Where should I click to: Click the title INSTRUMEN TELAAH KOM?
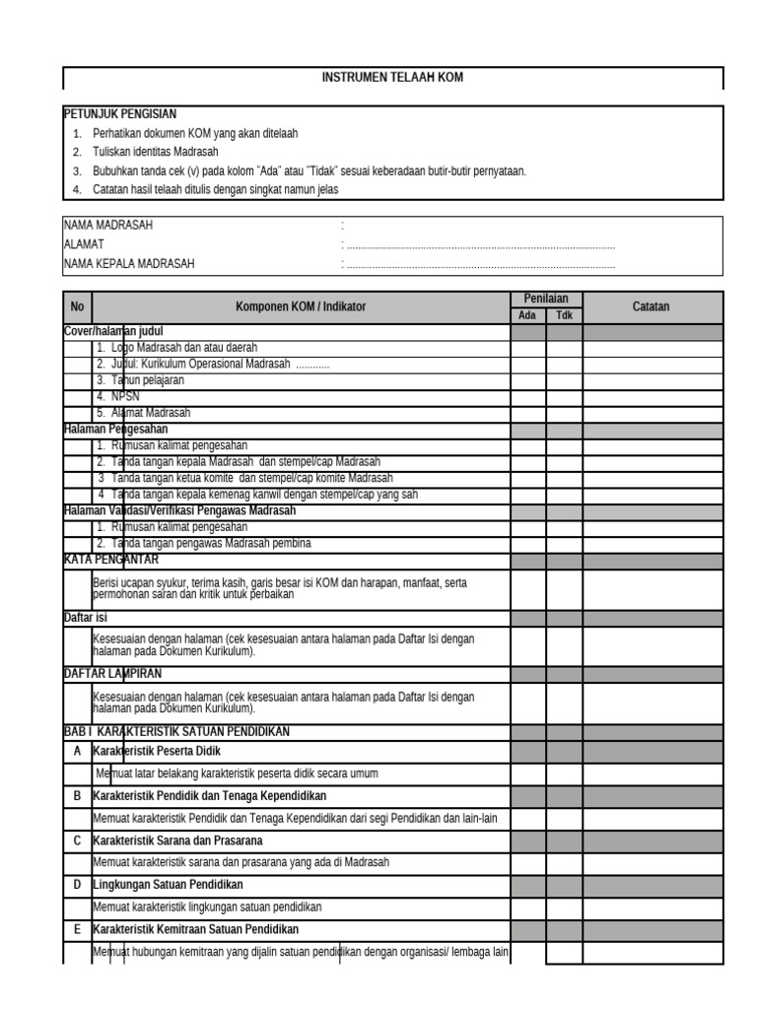tap(392, 77)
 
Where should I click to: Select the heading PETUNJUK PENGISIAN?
tap(120, 114)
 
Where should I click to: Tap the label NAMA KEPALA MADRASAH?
tap(129, 263)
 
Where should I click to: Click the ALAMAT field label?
tap(84, 244)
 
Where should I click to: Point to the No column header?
tap(77, 307)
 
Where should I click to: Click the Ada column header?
tap(527, 315)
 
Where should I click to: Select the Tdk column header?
tap(564, 315)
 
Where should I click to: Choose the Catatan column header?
tap(651, 307)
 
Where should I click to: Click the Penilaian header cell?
tap(545, 299)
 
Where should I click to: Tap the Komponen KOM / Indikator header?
tap(301, 307)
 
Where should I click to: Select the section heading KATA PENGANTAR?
tap(111, 560)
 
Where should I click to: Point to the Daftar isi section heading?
tap(86, 617)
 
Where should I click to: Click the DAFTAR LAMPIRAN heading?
tap(112, 673)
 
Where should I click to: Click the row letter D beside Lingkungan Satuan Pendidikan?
tap(77, 885)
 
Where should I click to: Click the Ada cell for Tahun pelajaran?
tap(527, 380)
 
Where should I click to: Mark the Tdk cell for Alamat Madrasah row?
tap(564, 413)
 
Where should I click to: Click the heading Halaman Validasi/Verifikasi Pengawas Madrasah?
tap(179, 510)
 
